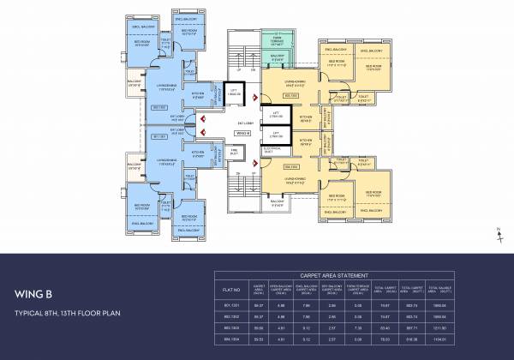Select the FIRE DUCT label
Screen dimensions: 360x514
click(233, 152)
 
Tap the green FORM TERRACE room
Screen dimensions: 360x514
click(277, 40)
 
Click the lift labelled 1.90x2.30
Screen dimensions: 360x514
click(231, 92)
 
